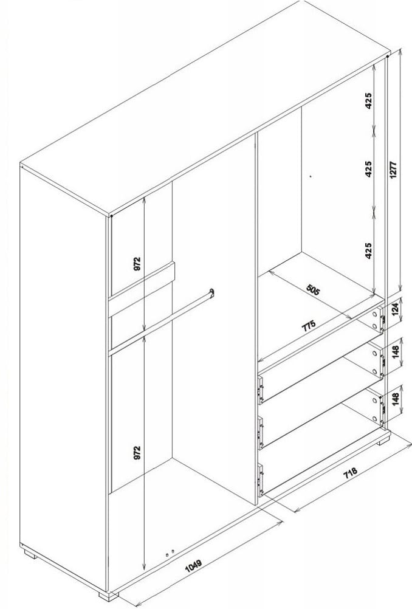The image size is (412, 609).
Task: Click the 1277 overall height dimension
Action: [394, 170]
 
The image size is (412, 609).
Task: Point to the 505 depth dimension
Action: [313, 290]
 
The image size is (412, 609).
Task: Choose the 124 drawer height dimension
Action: [395, 310]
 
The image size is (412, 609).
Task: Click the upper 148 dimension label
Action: [396, 353]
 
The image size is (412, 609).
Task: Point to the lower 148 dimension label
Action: [396, 399]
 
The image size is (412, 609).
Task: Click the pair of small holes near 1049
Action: [170, 552]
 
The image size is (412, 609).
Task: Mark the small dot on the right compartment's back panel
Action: [311, 176]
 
